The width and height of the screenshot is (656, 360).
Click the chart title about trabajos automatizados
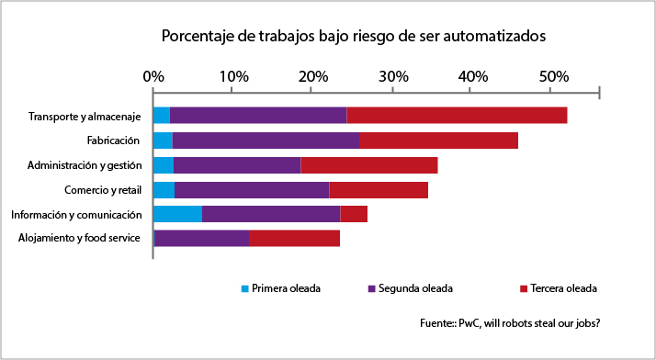pos(354,37)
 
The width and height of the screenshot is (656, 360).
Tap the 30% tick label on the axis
pos(392,76)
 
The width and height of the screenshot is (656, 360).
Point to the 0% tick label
pos(153,76)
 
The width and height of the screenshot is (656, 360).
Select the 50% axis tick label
pos(551,76)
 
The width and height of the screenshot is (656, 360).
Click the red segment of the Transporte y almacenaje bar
pos(457,115)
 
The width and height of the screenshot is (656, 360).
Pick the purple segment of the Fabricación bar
pos(266,141)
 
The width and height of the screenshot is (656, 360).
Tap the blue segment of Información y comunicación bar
pos(177,214)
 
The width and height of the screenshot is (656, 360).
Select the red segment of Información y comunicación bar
pos(354,214)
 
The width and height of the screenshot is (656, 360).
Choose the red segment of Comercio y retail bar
pos(379,190)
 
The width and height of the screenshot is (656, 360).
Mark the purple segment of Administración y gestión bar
pos(237,165)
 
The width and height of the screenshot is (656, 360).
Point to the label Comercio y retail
pos(102,190)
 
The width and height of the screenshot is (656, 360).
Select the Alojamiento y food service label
pos(79,239)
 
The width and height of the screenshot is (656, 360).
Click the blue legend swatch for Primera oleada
pos(245,288)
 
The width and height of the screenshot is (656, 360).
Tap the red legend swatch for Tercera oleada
pos(524,288)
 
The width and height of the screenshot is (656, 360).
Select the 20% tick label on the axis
pos(312,76)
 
